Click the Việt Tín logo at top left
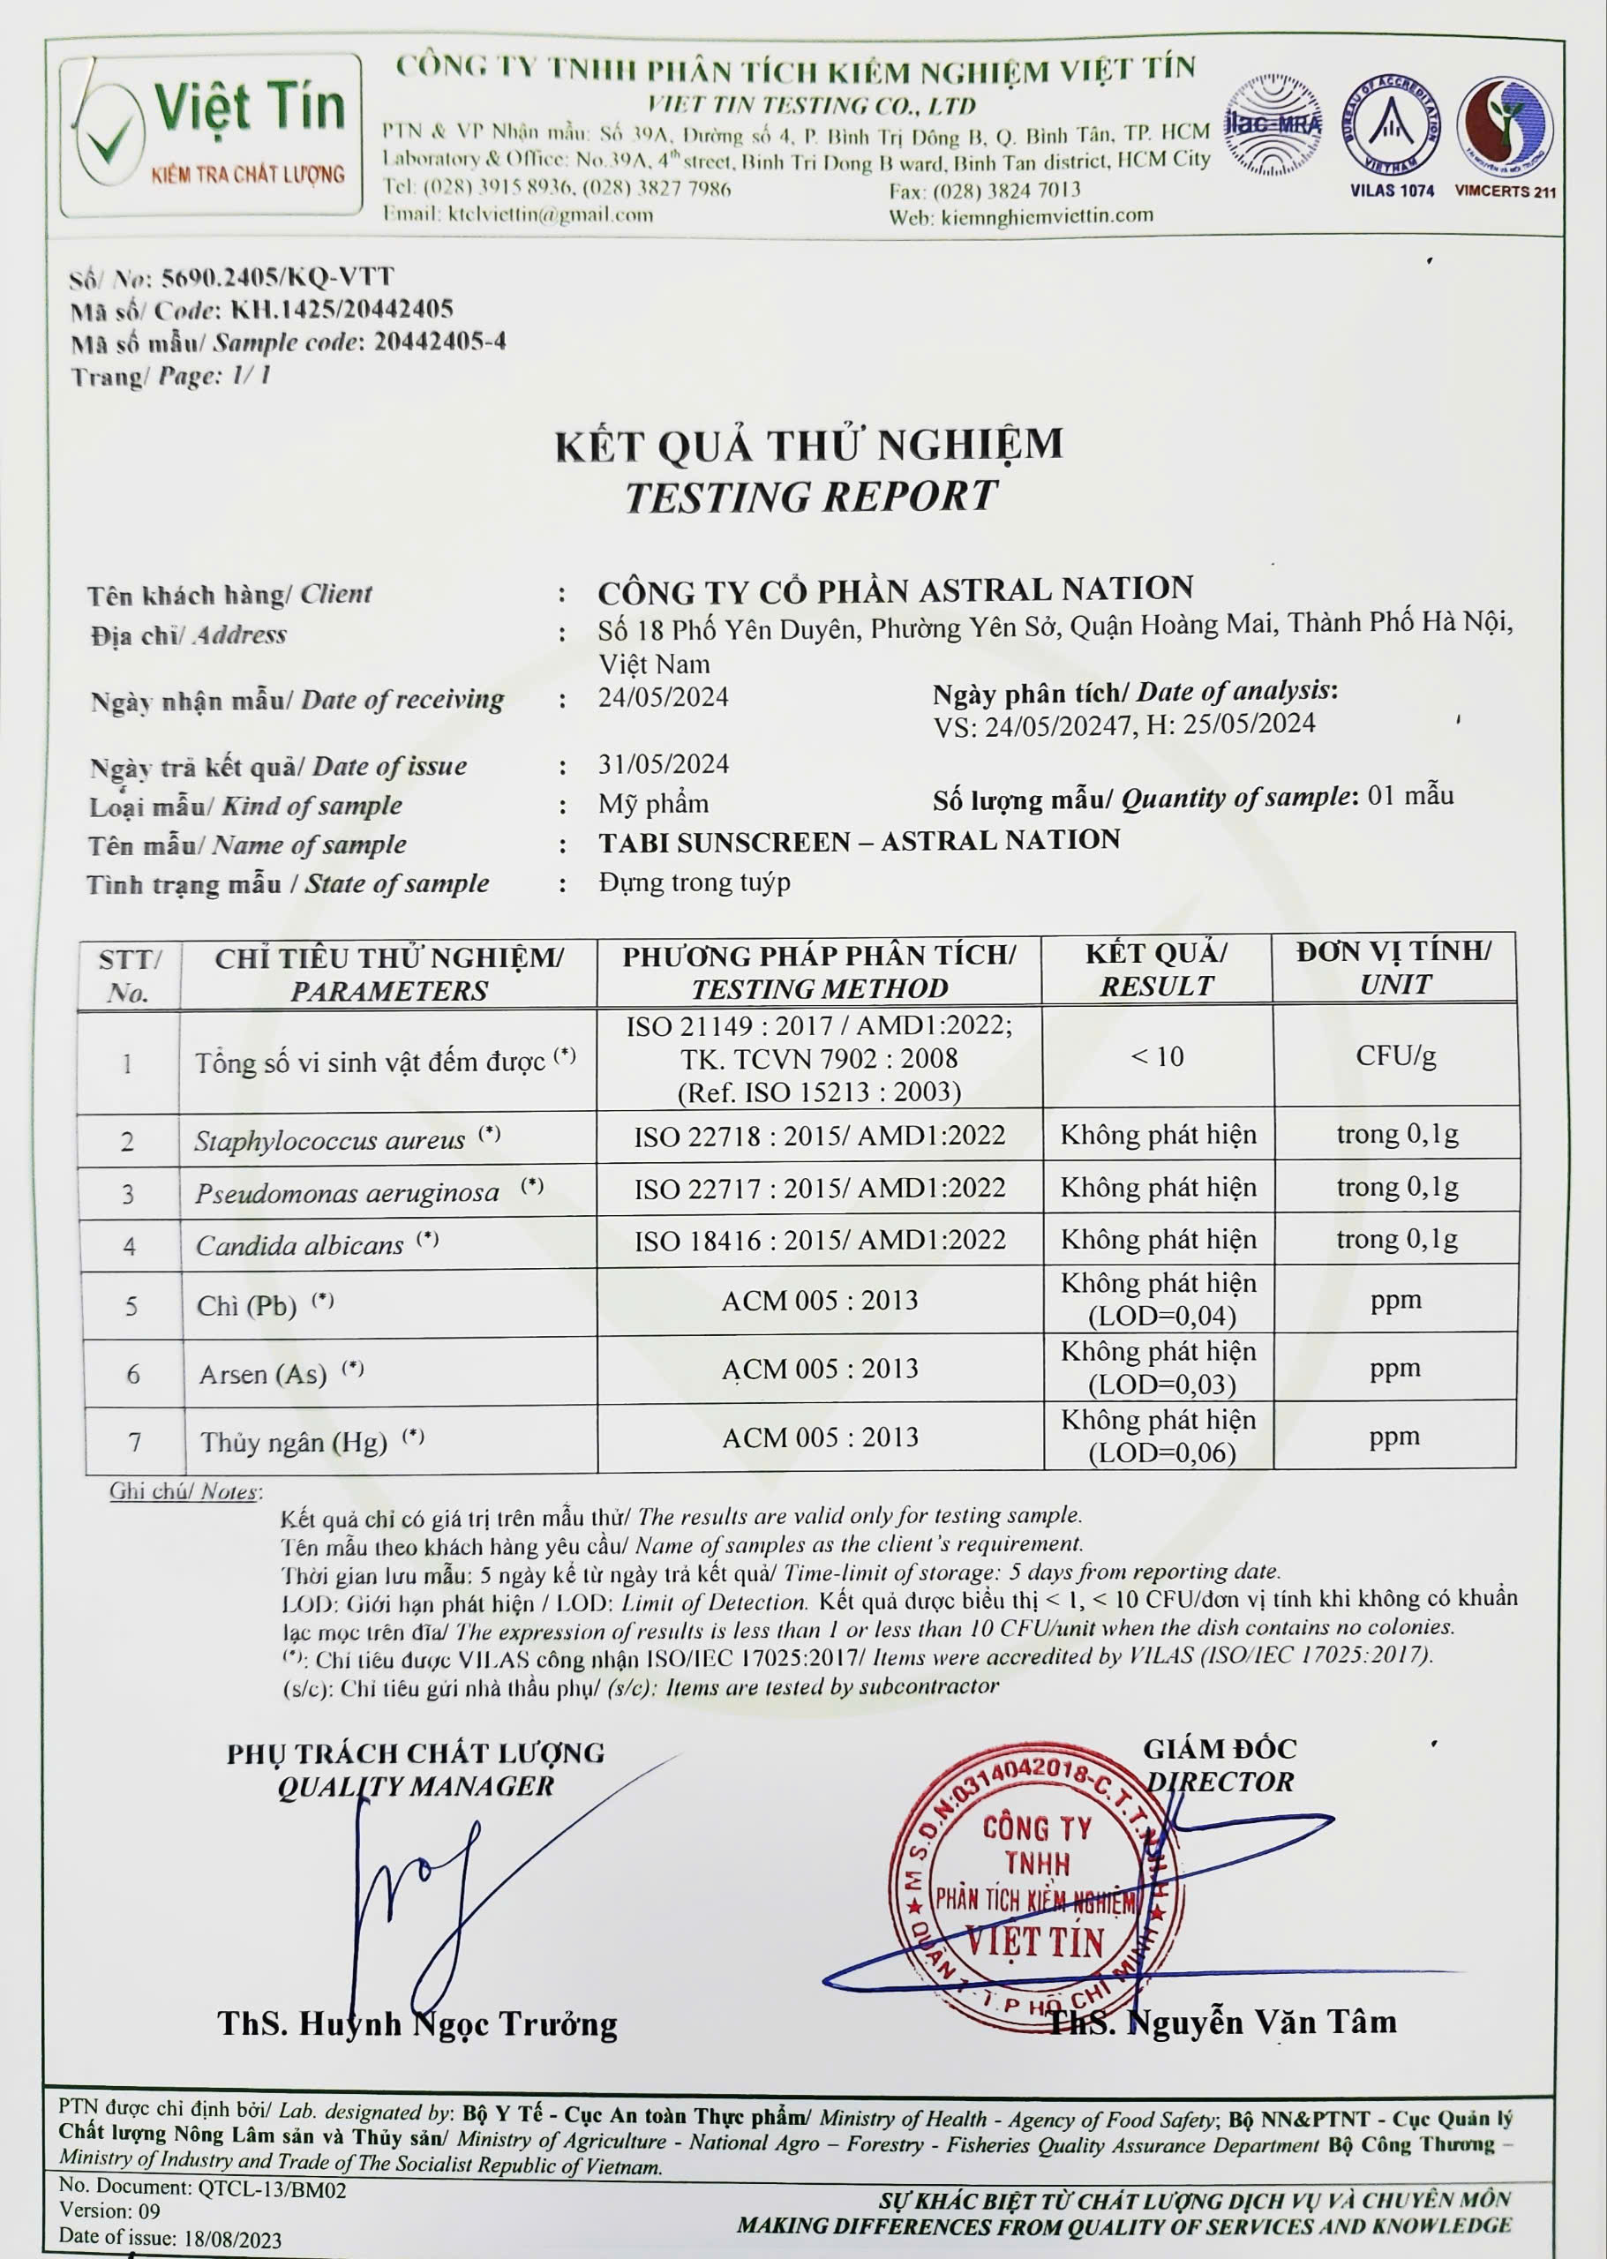(x=210, y=136)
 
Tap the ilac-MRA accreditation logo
(x=1273, y=125)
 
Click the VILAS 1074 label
(x=1392, y=190)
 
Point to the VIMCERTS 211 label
(x=1504, y=191)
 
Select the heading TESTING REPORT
(x=810, y=497)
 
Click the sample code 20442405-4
(x=439, y=341)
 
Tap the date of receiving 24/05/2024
(x=663, y=698)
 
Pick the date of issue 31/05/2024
(x=663, y=764)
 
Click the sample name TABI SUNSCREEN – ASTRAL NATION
(x=859, y=841)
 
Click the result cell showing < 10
(x=1157, y=1057)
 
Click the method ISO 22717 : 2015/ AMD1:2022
(x=819, y=1188)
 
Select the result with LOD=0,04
(x=1158, y=1300)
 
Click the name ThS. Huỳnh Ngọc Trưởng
(x=417, y=2024)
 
